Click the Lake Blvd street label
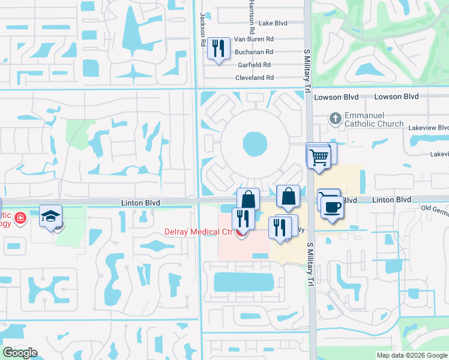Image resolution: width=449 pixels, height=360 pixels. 273,23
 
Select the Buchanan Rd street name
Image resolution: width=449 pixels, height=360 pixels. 254,52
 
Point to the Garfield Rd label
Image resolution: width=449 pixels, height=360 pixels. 255,65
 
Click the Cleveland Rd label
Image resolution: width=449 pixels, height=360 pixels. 255,78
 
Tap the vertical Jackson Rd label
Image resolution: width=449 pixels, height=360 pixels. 203,23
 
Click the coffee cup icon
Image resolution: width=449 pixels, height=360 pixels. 332,208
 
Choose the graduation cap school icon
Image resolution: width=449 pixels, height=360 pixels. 51,215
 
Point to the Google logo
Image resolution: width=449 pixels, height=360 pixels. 20,353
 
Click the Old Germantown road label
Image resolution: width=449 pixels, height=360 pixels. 435,208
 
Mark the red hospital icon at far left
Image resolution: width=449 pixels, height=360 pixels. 20,217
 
